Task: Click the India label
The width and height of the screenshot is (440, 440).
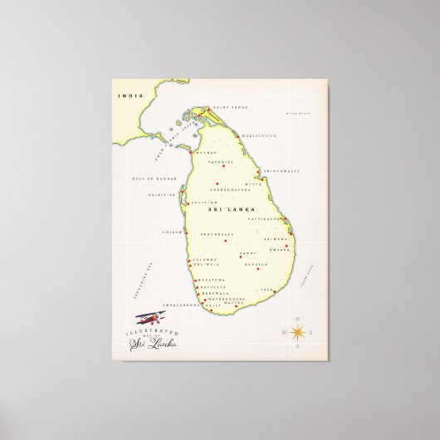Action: tap(125, 95)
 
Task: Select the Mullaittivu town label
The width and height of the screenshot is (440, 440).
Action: tap(261, 134)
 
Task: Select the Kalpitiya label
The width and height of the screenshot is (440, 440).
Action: tap(161, 195)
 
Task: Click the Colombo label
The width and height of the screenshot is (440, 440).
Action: tap(205, 260)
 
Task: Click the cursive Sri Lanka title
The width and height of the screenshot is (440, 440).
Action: tap(153, 343)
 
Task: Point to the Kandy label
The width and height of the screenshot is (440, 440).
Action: tap(248, 252)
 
